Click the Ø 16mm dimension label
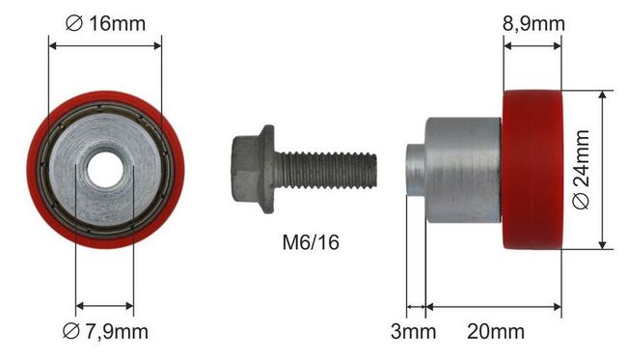(105, 23)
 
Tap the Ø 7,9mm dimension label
(105, 332)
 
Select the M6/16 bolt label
(311, 242)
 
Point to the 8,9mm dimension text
(533, 24)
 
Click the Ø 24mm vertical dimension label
(582, 169)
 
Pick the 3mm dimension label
(413, 332)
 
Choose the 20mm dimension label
(496, 332)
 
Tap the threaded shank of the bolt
(326, 170)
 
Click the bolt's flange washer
(267, 169)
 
